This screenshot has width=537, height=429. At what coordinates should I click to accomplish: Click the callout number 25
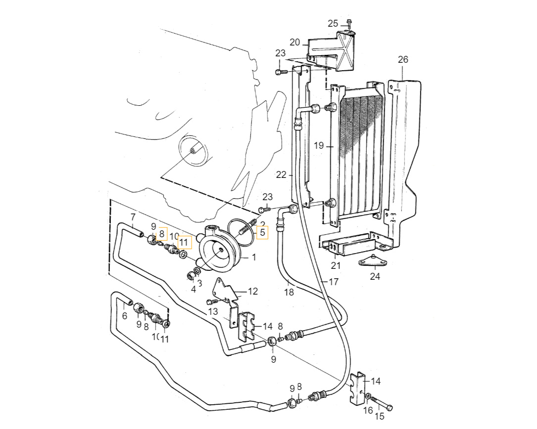click(333, 24)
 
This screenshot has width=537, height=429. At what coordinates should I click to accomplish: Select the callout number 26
click(403, 60)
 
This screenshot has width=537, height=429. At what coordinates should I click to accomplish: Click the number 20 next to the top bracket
click(295, 43)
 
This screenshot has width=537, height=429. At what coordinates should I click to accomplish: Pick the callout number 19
click(319, 146)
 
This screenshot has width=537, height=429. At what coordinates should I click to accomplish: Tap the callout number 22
click(281, 174)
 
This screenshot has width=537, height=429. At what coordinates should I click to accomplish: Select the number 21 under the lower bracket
click(336, 266)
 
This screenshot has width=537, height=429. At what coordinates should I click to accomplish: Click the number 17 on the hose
click(333, 282)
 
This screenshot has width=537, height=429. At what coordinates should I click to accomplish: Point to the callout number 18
click(289, 292)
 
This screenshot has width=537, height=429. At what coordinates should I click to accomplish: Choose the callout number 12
click(252, 292)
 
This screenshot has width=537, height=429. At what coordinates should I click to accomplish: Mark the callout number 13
click(213, 311)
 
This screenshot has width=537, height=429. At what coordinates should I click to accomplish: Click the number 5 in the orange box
click(262, 231)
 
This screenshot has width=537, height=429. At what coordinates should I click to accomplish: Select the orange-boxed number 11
click(184, 242)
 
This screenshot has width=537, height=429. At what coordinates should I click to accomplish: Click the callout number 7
click(133, 217)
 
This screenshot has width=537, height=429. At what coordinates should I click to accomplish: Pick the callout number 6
click(124, 316)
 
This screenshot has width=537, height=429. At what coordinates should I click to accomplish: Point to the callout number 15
click(379, 416)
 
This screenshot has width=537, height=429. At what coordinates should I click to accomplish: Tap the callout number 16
click(368, 410)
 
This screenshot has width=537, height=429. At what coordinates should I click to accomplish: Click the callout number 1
click(253, 257)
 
